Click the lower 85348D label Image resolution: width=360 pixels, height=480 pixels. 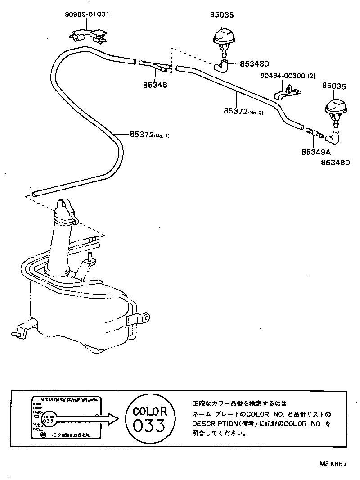[x=335, y=162]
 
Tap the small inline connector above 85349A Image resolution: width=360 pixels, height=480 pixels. [x=314, y=133]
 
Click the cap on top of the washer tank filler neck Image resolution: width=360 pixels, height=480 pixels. [x=65, y=208]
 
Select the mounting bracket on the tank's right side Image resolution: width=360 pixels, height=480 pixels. [x=140, y=319]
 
